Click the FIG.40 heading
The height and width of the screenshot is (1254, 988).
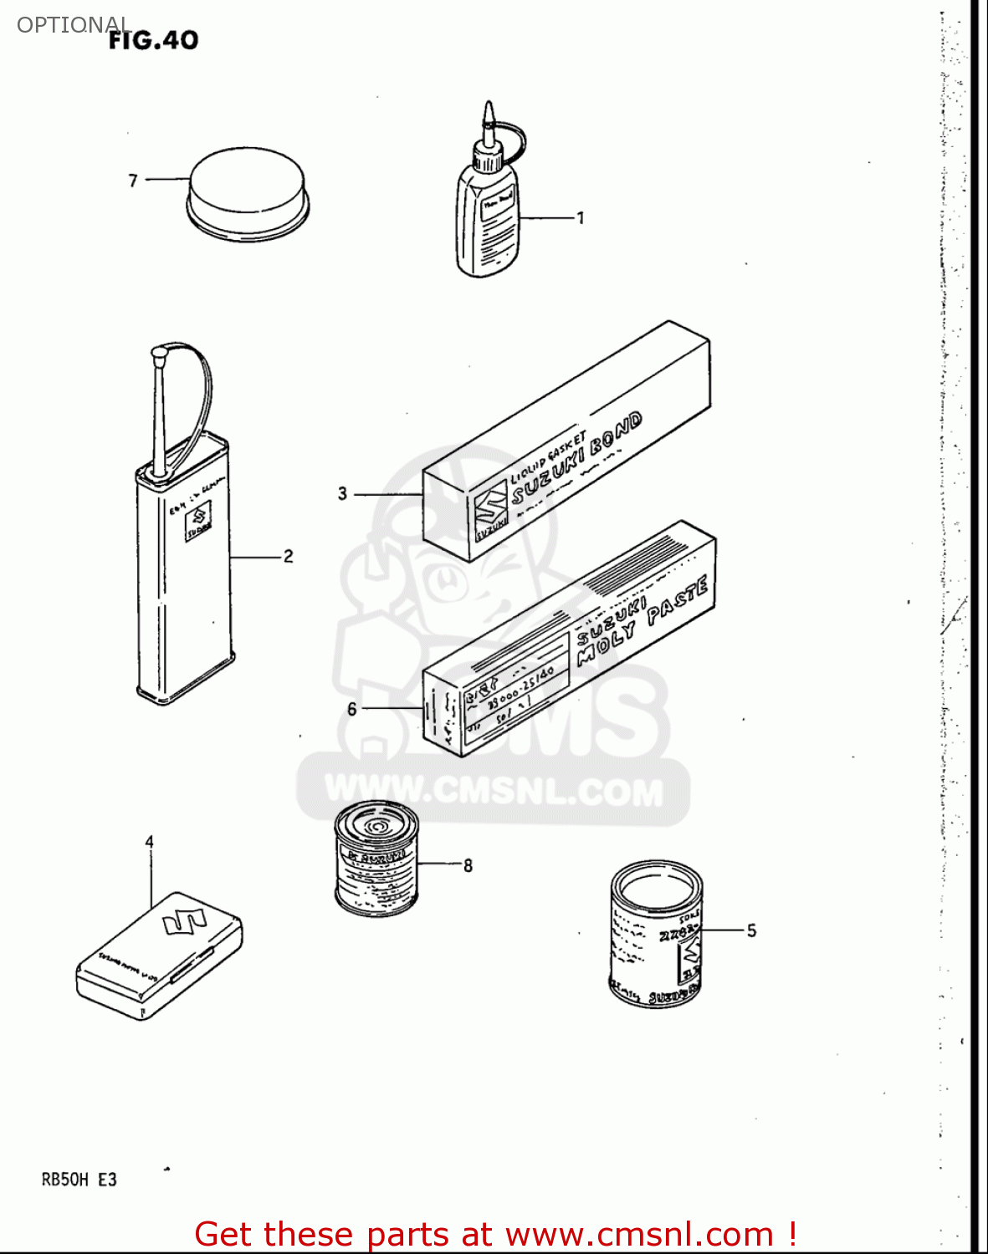[154, 39]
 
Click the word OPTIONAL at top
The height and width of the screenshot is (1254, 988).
[74, 24]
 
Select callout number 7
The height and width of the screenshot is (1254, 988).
[133, 180]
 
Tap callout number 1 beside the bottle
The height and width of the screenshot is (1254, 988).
[580, 218]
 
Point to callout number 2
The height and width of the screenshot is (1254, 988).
[288, 556]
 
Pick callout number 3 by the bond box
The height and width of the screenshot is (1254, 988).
[342, 493]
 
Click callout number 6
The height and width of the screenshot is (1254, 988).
[352, 709]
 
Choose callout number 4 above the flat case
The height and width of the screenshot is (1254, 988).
[150, 841]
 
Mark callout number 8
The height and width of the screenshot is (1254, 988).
[468, 865]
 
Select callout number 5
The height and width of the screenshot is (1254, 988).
[751, 930]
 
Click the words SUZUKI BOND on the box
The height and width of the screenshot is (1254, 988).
[577, 459]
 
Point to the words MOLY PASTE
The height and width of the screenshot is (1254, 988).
[644, 619]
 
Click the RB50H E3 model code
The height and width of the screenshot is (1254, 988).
[79, 1180]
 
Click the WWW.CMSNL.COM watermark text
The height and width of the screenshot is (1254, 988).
[494, 790]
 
